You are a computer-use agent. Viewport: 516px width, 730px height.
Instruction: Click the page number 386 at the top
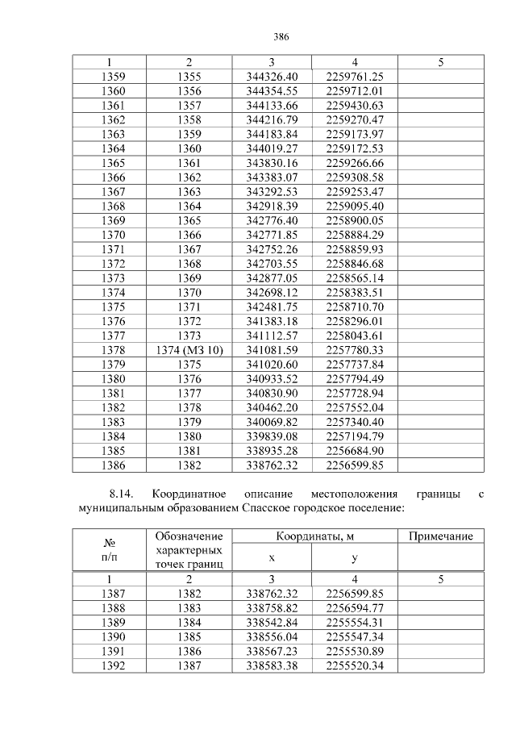click(281, 37)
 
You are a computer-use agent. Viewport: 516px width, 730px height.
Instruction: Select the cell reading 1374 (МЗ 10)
click(189, 349)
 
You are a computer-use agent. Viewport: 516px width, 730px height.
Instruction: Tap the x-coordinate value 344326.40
click(272, 77)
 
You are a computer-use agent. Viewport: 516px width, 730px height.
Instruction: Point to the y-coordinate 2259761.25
click(355, 77)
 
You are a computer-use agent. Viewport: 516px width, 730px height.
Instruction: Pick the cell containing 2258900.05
click(355, 219)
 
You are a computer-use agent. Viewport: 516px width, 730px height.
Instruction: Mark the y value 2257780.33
click(355, 349)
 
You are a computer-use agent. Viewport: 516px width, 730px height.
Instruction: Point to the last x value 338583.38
click(272, 665)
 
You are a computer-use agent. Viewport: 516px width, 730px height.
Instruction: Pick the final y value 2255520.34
click(355, 665)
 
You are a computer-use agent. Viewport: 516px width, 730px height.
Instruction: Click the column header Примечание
click(440, 536)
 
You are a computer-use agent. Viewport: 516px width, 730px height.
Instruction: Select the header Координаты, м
click(313, 536)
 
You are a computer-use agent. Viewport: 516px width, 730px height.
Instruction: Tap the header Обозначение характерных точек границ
click(189, 550)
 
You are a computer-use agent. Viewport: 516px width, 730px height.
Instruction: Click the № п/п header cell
click(110, 550)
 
